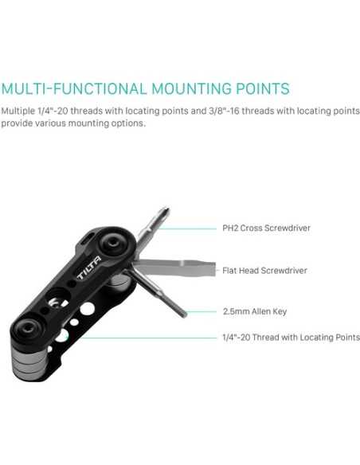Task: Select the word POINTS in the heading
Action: [x=258, y=88]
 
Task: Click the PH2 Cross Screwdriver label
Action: [x=265, y=229]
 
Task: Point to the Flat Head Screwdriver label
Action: [x=264, y=271]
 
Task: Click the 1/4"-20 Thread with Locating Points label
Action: [x=290, y=338]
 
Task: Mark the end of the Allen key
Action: [x=182, y=313]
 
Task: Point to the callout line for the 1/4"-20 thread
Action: [x=143, y=338]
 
